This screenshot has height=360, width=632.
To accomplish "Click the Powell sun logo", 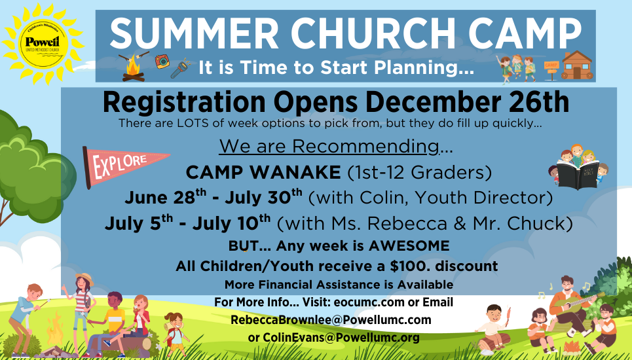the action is [43, 43].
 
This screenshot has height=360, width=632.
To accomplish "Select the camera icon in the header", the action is [162, 62].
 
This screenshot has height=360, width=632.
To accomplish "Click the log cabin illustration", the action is [577, 65].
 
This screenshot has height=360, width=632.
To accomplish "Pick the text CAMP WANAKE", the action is [263, 173].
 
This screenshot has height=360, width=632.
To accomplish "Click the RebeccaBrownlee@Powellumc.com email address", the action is [331, 320].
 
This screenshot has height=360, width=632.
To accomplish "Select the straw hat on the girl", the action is [85, 278].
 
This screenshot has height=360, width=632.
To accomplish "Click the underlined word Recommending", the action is [366, 147].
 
